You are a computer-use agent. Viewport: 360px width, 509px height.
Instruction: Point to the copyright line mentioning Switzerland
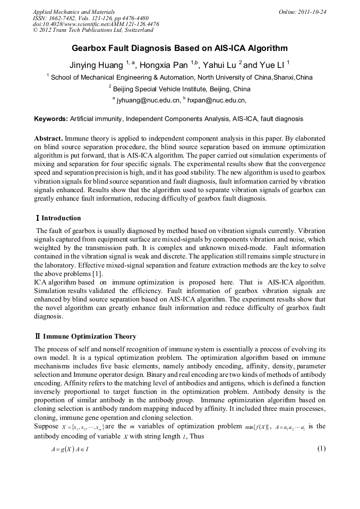click(93, 31)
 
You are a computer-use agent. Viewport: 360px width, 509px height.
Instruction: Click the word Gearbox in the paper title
click(92, 48)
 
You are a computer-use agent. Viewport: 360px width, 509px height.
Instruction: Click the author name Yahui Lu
click(220, 65)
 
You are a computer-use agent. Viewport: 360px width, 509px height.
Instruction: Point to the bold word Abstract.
click(48, 138)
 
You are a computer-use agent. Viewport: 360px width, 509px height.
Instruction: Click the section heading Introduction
click(61, 218)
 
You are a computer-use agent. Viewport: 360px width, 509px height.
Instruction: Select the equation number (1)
click(321, 448)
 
